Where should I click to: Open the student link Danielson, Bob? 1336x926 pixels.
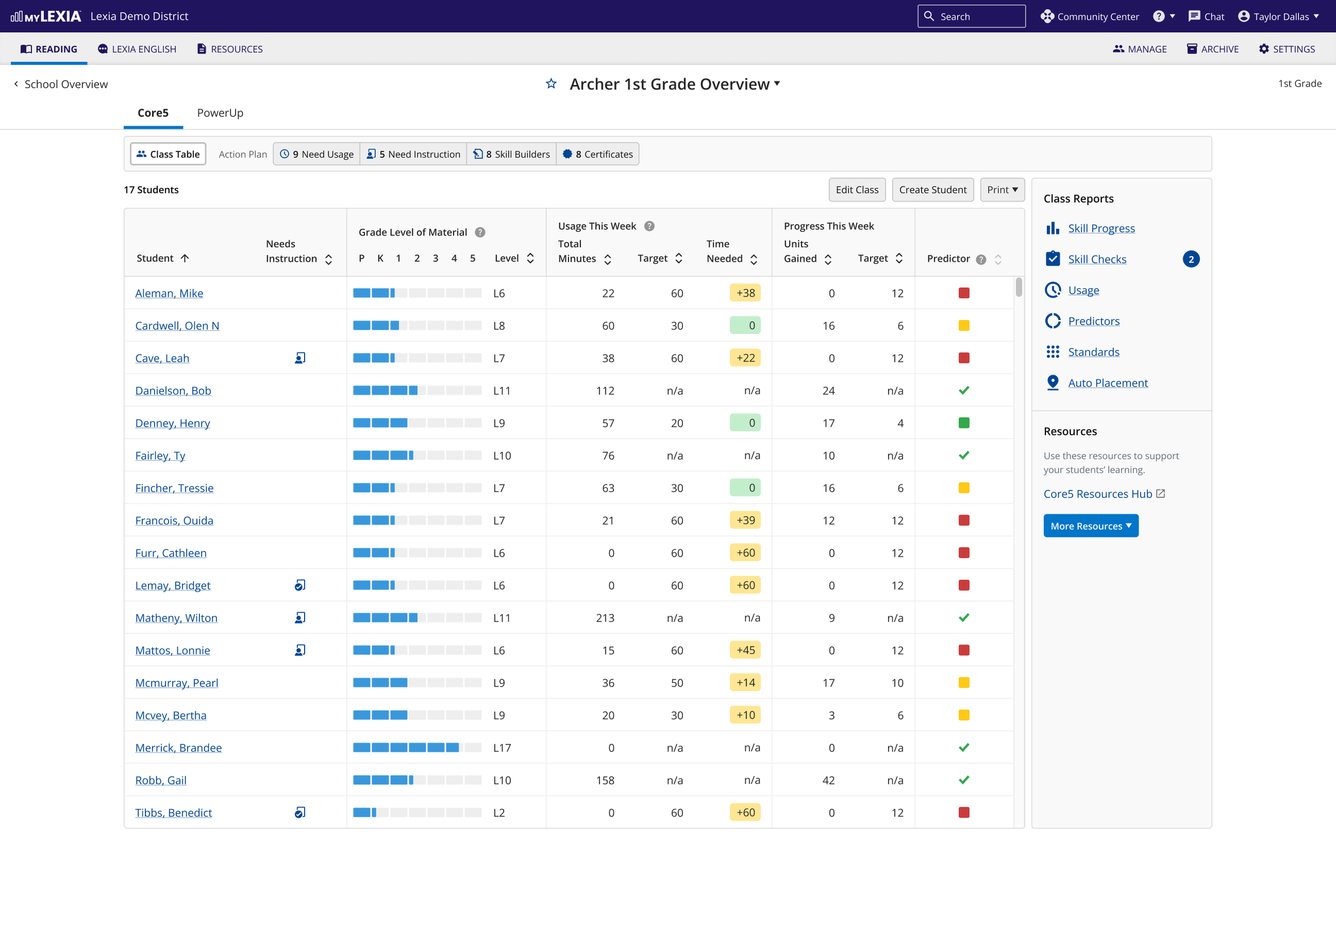(x=173, y=391)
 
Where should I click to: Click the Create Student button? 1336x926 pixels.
(x=932, y=190)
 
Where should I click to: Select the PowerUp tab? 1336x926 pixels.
(x=220, y=113)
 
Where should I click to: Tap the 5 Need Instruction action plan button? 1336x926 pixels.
(x=413, y=154)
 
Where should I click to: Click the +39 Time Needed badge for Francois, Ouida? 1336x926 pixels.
(x=745, y=520)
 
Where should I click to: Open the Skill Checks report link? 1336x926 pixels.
(x=1097, y=259)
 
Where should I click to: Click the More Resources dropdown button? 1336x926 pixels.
(x=1091, y=526)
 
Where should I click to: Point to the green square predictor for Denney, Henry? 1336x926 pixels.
(x=964, y=423)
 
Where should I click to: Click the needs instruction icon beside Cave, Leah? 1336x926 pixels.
(x=300, y=358)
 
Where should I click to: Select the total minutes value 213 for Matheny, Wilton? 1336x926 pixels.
(x=605, y=618)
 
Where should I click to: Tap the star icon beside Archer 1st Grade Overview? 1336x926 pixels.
(x=551, y=84)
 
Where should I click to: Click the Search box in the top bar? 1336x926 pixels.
(x=971, y=16)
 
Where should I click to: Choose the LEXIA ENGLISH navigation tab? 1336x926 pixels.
(x=137, y=49)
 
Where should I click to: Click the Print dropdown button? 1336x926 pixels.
(x=1002, y=190)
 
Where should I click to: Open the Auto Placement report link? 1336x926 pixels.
(x=1107, y=383)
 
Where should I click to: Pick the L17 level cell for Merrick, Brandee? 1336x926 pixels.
(x=502, y=748)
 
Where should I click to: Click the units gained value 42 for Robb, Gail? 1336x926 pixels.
(x=828, y=780)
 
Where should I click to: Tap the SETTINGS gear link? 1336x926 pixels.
(x=1287, y=49)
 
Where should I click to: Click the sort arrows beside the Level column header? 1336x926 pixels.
(x=530, y=259)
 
